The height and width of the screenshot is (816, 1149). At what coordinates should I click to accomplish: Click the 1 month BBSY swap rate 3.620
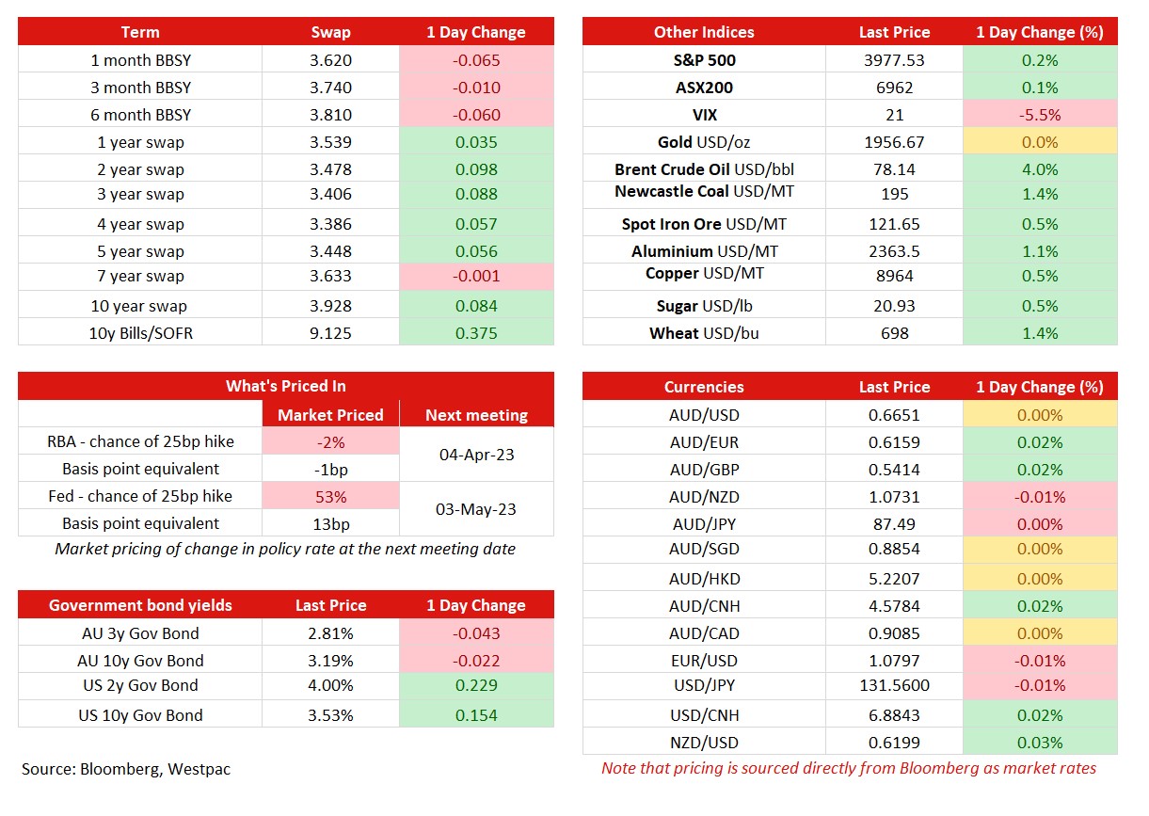click(330, 60)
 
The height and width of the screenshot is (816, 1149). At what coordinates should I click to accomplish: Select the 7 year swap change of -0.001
click(476, 276)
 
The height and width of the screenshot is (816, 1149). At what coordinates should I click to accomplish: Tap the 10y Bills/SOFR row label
click(140, 333)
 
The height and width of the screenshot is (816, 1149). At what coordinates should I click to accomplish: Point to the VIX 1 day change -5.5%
click(1040, 115)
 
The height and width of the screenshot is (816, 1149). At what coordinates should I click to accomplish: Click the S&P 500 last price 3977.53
click(894, 60)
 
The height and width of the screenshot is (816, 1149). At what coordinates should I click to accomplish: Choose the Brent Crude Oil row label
click(704, 169)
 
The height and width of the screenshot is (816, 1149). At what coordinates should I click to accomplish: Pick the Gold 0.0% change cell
click(1040, 142)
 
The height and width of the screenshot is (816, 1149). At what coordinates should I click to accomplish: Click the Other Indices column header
click(704, 32)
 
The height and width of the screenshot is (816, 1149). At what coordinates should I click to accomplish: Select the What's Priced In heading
click(286, 386)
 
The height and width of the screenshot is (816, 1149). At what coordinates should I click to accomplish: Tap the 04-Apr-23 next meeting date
click(476, 455)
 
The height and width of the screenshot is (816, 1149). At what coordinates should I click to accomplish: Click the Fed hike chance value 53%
click(331, 497)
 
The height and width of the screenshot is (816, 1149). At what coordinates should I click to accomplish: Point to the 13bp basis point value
click(331, 524)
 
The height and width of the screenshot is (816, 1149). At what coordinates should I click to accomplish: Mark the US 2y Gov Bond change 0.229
click(476, 685)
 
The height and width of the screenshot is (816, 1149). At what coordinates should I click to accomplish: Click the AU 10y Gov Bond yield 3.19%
click(330, 661)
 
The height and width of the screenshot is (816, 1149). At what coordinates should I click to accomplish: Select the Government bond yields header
click(140, 605)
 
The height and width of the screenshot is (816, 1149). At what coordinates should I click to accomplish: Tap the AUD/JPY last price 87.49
click(894, 524)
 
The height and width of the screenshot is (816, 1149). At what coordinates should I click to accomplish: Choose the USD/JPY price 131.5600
click(894, 685)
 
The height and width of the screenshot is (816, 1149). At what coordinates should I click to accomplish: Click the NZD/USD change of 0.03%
click(1040, 743)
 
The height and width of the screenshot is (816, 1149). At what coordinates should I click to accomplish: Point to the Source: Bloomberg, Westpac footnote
click(126, 769)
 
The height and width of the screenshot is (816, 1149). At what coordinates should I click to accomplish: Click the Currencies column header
click(704, 387)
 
